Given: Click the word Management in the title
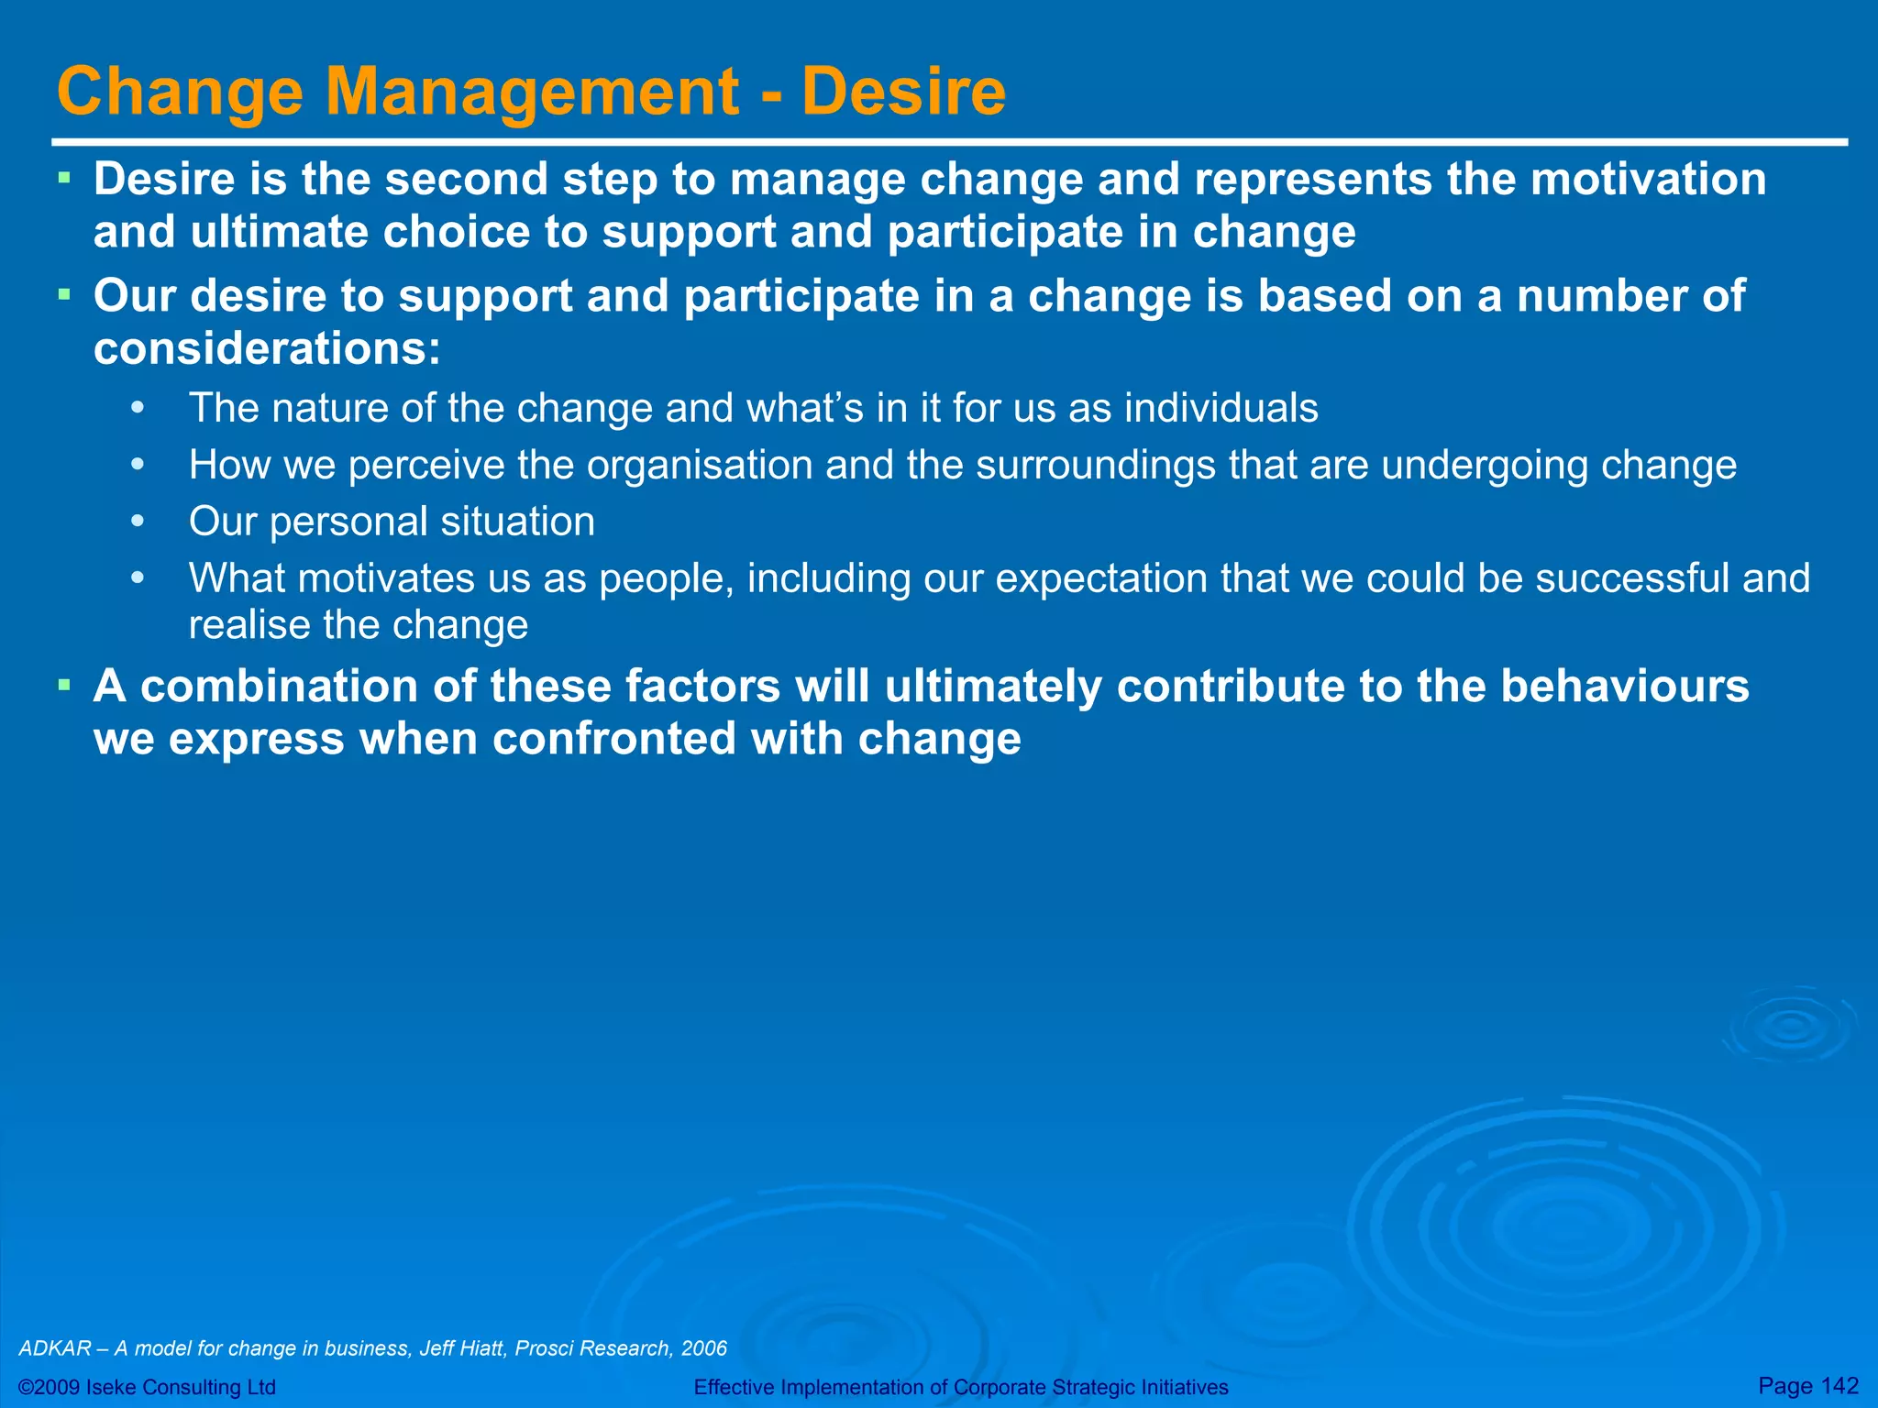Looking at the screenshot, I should point(532,92).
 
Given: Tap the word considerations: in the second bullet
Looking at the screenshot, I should point(267,349).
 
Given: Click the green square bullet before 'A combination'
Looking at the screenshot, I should point(63,685).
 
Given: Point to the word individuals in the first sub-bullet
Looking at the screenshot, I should point(1221,409).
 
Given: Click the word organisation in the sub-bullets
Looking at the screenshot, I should point(699,466).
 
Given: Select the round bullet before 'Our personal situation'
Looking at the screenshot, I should point(138,522).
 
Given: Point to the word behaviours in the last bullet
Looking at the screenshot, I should point(1624,687).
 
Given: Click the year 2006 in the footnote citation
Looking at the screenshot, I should point(703,1348).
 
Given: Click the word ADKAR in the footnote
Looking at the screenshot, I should point(55,1348).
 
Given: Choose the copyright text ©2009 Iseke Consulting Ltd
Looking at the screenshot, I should point(147,1387).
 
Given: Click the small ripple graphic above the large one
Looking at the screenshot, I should point(1789,1027).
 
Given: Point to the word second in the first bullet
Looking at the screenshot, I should point(464,179).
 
